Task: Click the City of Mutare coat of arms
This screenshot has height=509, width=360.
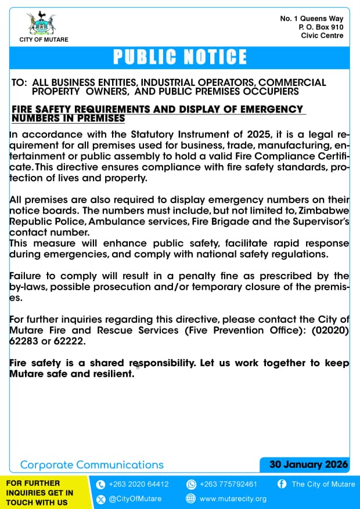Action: pyautogui.click(x=43, y=23)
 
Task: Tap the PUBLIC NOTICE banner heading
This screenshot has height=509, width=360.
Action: pyautogui.click(x=180, y=57)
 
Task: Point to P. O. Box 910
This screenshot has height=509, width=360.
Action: pyautogui.click(x=321, y=27)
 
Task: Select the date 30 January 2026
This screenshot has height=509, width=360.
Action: pyautogui.click(x=309, y=464)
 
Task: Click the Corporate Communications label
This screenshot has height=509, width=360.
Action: pyautogui.click(x=92, y=465)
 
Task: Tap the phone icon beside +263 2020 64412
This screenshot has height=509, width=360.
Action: pyautogui.click(x=100, y=484)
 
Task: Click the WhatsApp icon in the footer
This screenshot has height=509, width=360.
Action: pyautogui.click(x=191, y=484)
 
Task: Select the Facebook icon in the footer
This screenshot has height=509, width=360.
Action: pyautogui.click(x=282, y=484)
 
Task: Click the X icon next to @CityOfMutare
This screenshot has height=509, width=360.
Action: pyautogui.click(x=100, y=499)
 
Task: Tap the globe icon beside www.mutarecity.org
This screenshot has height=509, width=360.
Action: pyautogui.click(x=191, y=499)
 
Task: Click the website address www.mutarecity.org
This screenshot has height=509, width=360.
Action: pyautogui.click(x=233, y=499)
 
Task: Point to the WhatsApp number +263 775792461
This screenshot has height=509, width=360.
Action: pyautogui.click(x=228, y=484)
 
